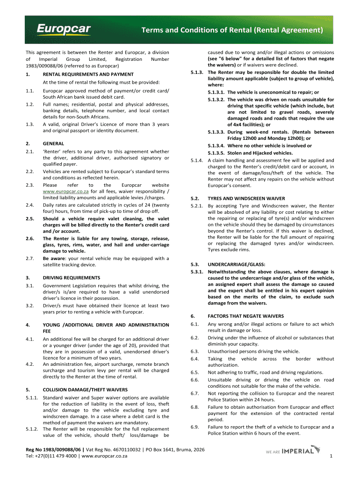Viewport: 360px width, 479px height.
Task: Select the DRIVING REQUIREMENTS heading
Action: [x=71, y=278]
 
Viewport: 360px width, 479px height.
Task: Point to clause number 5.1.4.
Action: [x=196, y=160]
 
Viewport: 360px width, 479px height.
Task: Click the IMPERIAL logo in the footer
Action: [x=293, y=451]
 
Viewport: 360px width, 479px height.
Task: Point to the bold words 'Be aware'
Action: [x=53, y=258]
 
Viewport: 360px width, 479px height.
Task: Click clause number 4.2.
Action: [x=29, y=363]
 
